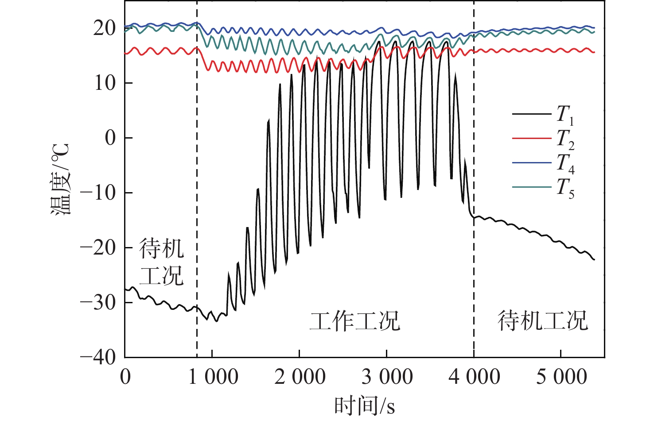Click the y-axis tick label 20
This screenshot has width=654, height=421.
pos(105,28)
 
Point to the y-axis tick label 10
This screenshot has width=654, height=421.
pos(105,83)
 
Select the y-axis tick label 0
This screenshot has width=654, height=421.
pos(110,138)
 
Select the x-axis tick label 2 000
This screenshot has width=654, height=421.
pos(300,377)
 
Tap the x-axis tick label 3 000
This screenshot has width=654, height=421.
pos(387,377)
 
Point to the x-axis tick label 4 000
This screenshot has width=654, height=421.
pos(474,377)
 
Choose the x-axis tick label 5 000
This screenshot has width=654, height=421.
pos(561,377)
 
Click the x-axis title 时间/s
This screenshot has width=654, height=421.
pos(364,406)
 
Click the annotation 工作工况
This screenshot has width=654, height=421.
pos(355,321)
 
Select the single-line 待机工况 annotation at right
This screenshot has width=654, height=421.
pos(542,321)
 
